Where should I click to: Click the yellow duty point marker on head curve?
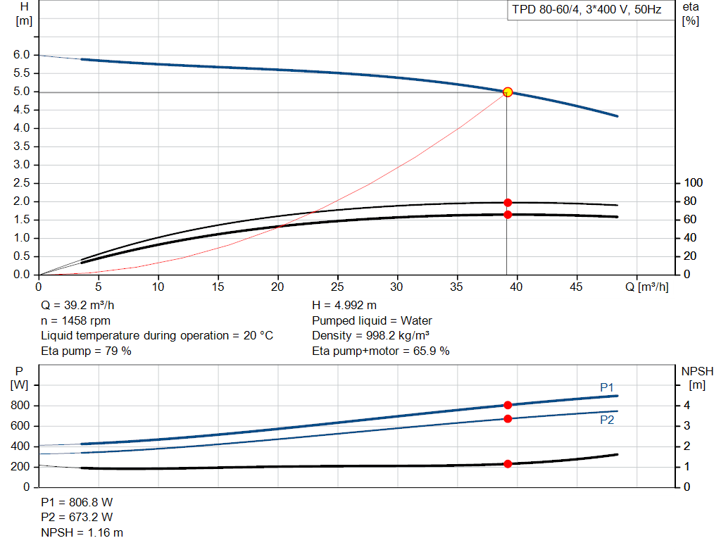click(508, 92)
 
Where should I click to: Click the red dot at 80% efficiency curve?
click(508, 203)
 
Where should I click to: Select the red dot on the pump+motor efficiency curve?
click(508, 214)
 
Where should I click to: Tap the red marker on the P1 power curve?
click(508, 405)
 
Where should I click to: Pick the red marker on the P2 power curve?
click(508, 418)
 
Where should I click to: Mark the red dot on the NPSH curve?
click(508, 463)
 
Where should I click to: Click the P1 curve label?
click(607, 387)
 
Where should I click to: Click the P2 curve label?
click(607, 420)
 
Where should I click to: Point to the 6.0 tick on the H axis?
click(22, 55)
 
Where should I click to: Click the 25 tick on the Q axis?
click(338, 287)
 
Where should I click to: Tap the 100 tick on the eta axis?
click(694, 183)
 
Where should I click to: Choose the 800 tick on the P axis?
click(21, 406)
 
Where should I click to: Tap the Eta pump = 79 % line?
click(86, 351)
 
